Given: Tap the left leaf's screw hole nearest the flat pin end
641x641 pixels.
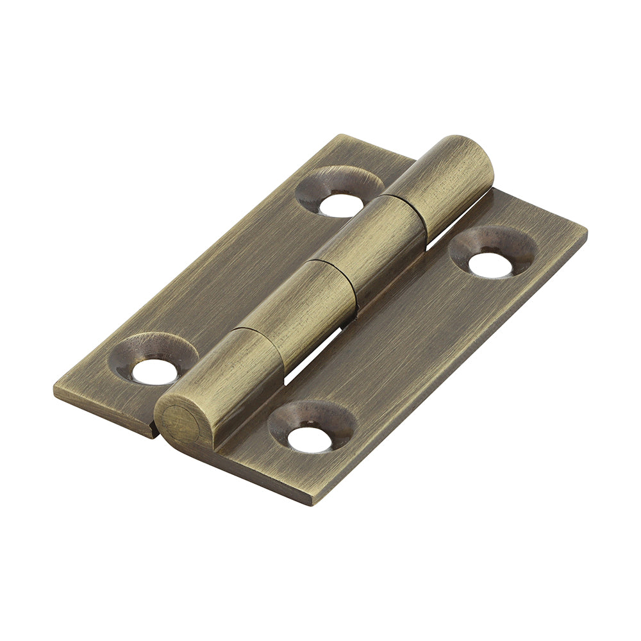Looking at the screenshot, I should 154,371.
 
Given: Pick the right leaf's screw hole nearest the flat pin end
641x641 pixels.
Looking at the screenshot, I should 309,439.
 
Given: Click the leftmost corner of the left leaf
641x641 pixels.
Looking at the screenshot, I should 55,392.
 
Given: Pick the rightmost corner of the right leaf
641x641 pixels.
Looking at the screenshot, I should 586,232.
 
